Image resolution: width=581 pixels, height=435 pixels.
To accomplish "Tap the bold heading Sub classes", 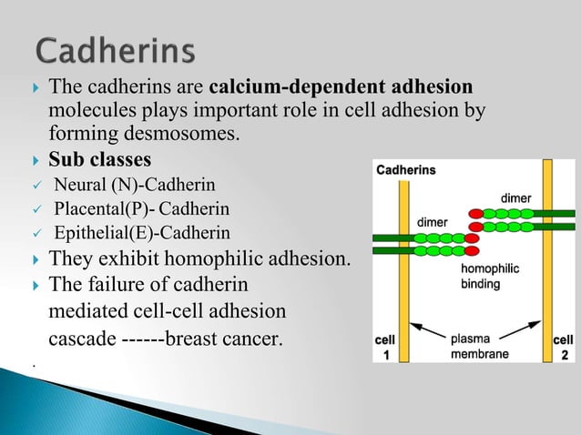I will [100, 162].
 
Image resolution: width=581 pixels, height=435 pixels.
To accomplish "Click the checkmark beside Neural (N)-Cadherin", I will [33, 187].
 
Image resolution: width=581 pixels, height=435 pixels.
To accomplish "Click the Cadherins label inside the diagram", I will [406, 169].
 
